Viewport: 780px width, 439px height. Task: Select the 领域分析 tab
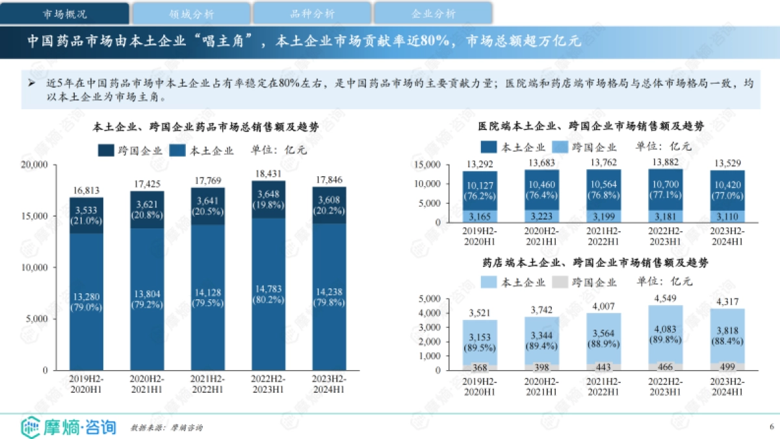pos(190,13)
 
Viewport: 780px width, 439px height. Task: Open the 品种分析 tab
pos(312,13)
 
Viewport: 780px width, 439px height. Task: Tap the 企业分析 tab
pos(433,13)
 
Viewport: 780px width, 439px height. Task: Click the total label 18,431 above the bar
pos(268,174)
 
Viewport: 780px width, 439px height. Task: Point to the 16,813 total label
pos(86,191)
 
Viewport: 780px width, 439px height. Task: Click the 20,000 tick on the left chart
pos(34,165)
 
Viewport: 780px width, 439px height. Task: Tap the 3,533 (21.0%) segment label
pos(86,215)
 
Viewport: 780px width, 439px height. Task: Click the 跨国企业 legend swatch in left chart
pos(106,151)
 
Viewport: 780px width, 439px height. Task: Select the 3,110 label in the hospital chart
pos(727,216)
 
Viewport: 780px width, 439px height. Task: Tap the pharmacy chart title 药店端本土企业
pos(595,263)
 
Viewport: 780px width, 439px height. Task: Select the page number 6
pos(771,427)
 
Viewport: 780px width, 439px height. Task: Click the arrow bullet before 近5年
pos(31,83)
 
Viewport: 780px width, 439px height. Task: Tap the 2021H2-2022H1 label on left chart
pos(207,384)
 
